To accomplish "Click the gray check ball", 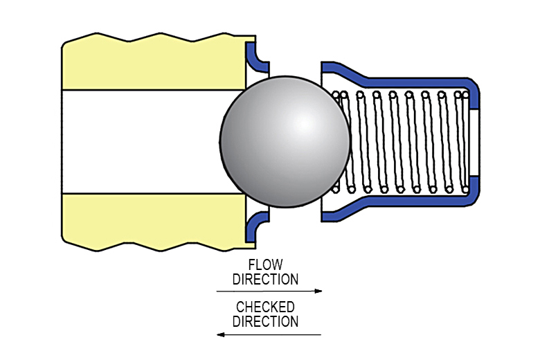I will pyautogui.click(x=285, y=142).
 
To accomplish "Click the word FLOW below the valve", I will pyautogui.click(x=265, y=266).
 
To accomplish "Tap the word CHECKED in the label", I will pyautogui.click(x=265, y=307).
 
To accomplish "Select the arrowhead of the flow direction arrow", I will pyautogui.click(x=318, y=291).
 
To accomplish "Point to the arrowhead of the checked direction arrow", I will pyautogui.click(x=221, y=334).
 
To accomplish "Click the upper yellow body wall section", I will pyautogui.click(x=152, y=62).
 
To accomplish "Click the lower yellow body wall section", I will pyautogui.click(x=152, y=222).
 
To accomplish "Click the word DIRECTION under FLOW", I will pyautogui.click(x=265, y=280).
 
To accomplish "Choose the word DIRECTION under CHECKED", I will pyautogui.click(x=265, y=321).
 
